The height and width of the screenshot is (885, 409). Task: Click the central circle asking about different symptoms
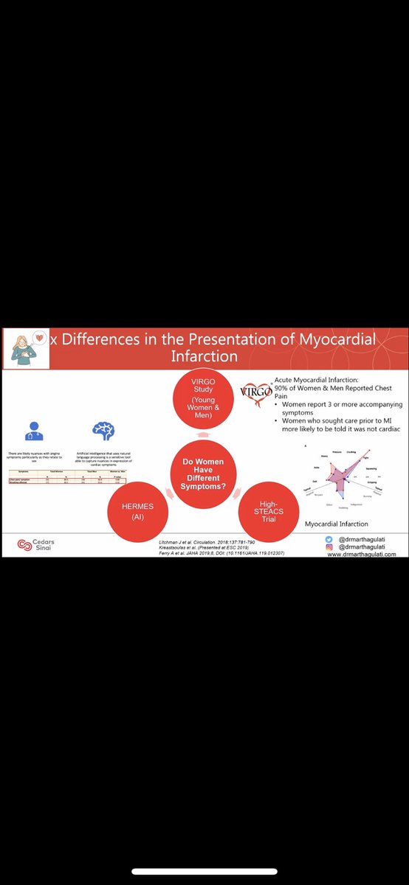pyautogui.click(x=202, y=471)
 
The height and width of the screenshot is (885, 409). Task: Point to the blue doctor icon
pyautogui.click(x=35, y=431)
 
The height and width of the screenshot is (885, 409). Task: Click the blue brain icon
pyautogui.click(x=102, y=431)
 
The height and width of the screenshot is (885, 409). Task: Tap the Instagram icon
pyautogui.click(x=329, y=546)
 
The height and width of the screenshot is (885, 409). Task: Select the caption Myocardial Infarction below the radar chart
pyautogui.click(x=336, y=524)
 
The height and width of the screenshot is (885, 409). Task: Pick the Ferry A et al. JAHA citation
pyautogui.click(x=222, y=552)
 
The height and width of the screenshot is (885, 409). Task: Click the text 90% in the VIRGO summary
pyautogui.click(x=282, y=388)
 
